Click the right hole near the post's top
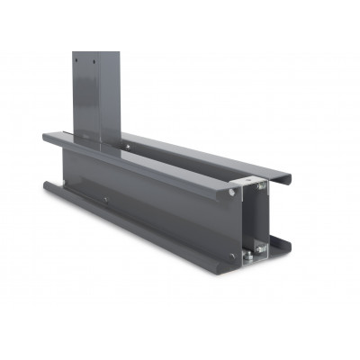point(93,62)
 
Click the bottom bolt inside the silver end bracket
point(261,249)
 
